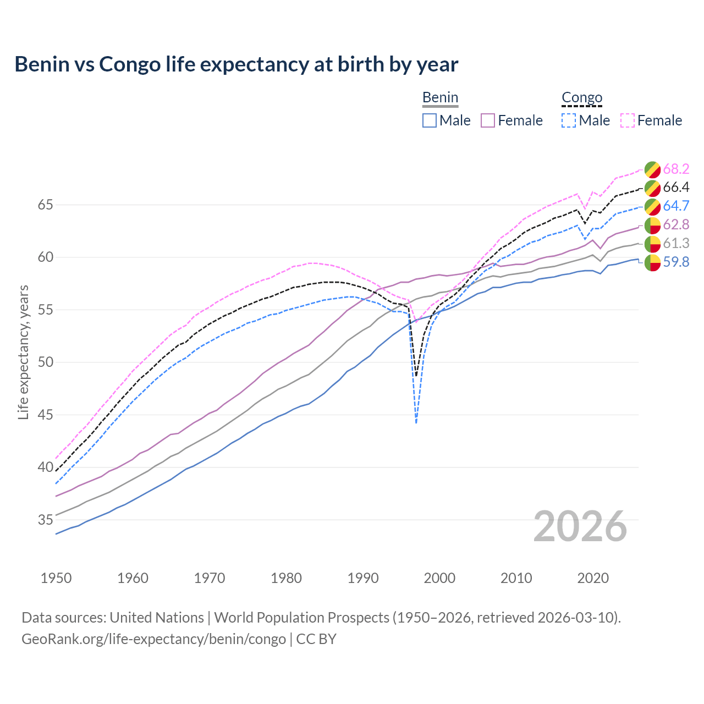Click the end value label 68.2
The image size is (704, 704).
(676, 169)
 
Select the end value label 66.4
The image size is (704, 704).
(676, 188)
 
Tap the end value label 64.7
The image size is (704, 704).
(676, 206)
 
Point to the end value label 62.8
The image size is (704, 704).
(676, 224)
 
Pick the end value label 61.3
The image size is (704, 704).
(676, 243)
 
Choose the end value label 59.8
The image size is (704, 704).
(676, 262)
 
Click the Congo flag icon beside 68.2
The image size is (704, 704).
(652, 169)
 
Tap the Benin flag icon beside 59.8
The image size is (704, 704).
(652, 262)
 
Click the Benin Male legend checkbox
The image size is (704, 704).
(430, 120)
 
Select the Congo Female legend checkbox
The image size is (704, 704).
(628, 120)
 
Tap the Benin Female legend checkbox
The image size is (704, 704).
(488, 120)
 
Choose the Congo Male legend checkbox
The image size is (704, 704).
(569, 120)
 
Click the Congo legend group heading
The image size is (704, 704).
(582, 98)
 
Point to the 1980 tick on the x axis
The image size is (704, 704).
(286, 578)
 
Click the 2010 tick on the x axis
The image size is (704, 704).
(516, 578)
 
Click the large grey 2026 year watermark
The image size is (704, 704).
(580, 526)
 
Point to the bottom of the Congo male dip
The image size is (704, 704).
(416, 422)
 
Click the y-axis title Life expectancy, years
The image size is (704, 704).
(23, 352)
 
